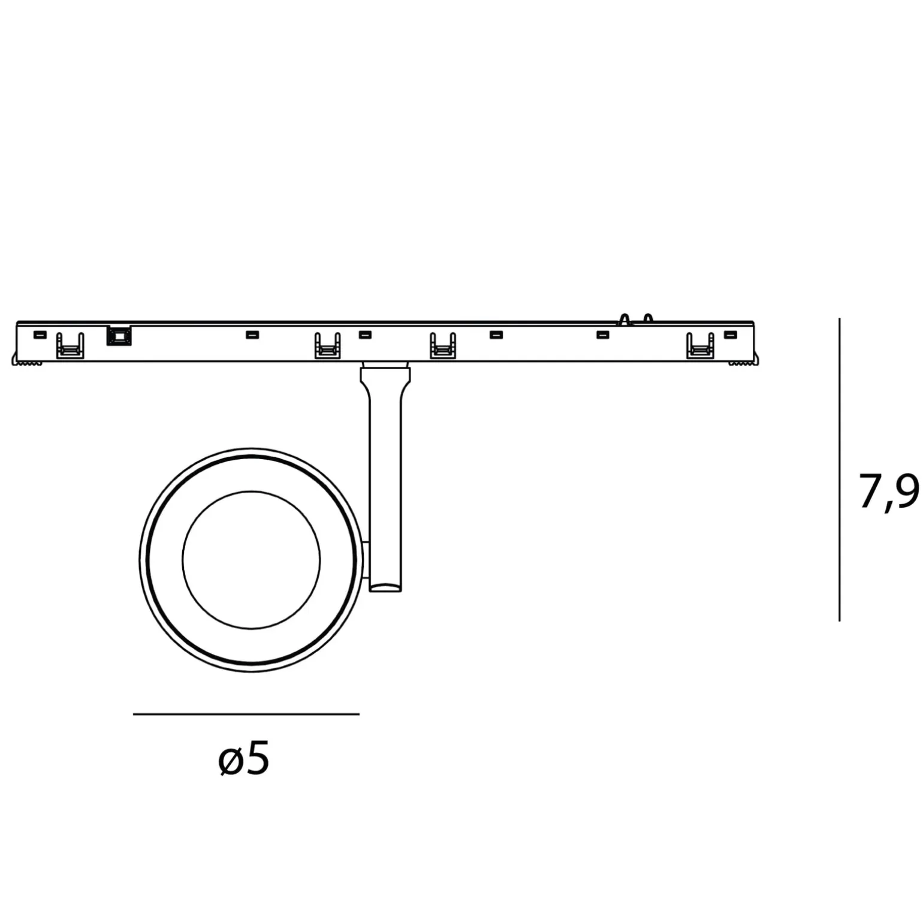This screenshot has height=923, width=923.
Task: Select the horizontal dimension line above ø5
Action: pos(246,714)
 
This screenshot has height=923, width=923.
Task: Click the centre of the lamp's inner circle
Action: pos(251,560)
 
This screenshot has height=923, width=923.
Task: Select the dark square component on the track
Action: pos(118,335)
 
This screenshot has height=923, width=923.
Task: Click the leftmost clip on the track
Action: pos(70,346)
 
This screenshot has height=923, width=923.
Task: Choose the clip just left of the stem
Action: pos(327,346)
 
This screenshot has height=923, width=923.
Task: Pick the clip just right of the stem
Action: pos(443,346)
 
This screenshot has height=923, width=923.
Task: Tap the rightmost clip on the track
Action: pos(700,346)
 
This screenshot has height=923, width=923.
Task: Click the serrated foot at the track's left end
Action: pos(27,361)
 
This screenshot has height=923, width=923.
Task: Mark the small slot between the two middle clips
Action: pos(365,334)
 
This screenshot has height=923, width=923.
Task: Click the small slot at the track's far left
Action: pos(40,334)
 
